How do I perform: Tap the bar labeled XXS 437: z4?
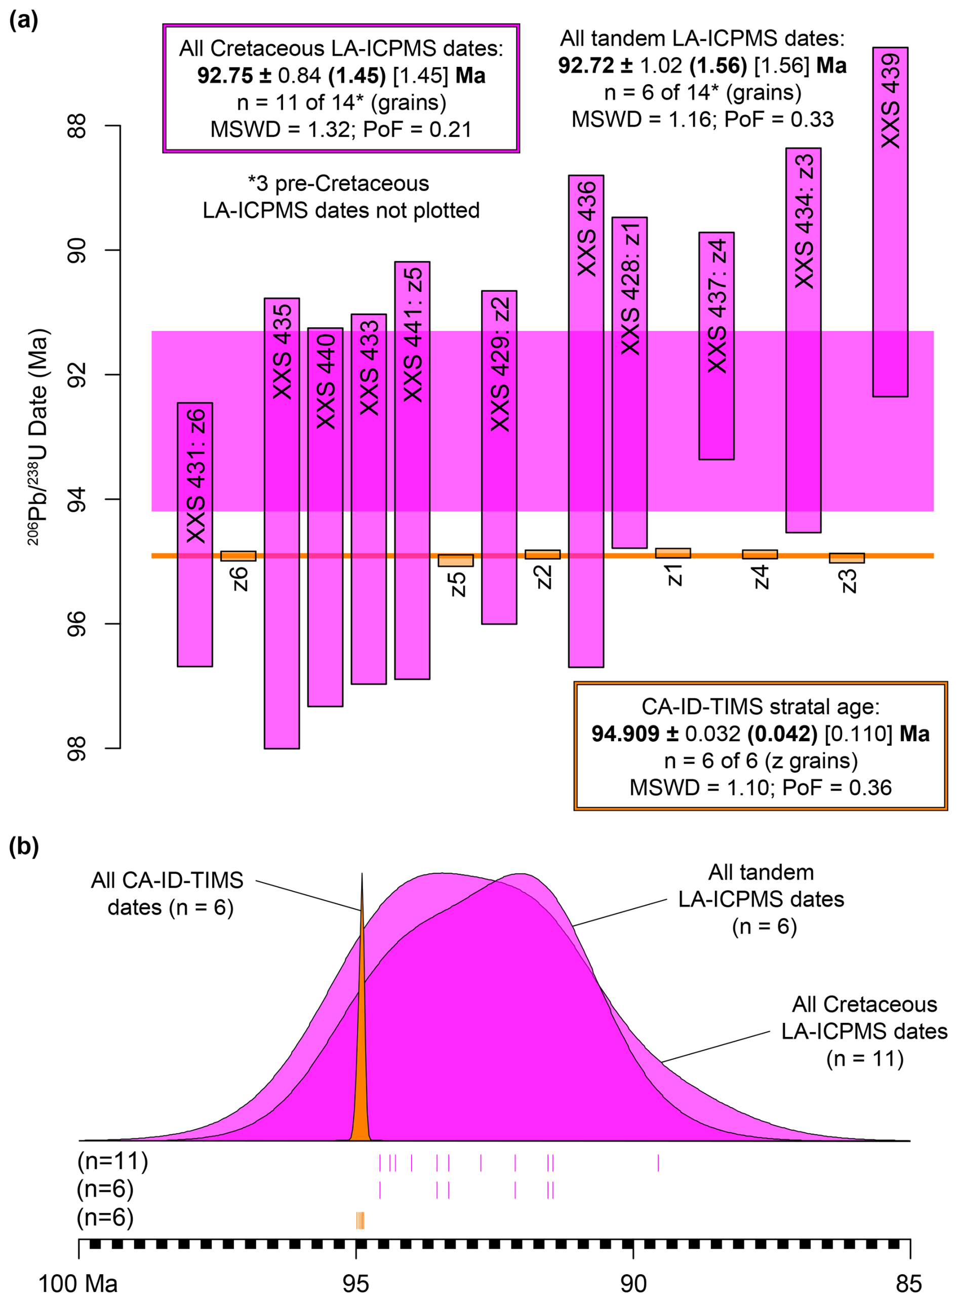[716, 348]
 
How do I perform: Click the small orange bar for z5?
[456, 560]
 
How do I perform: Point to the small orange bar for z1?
[673, 553]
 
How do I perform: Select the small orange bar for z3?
[847, 558]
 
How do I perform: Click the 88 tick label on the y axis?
[77, 125]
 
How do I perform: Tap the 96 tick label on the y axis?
[77, 624]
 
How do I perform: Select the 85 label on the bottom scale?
[908, 1283]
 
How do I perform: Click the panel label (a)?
[24, 21]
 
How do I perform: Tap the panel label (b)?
[24, 847]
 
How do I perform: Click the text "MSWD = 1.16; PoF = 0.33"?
[702, 120]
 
